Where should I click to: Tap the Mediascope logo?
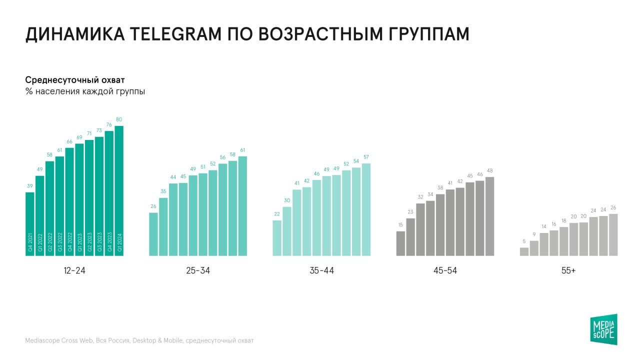[603, 329]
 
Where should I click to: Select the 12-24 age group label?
[74, 270]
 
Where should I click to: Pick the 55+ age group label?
[568, 270]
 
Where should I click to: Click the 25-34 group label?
[198, 270]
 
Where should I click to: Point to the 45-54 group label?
[445, 270]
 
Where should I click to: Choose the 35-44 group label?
[321, 270]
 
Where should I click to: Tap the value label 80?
[119, 119]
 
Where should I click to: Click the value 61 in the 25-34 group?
[242, 150]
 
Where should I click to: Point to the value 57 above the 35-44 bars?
[366, 157]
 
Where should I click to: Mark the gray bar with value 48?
[489, 216]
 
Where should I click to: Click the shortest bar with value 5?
[524, 251]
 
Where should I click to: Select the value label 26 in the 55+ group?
[613, 207]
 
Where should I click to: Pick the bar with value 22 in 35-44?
[277, 238]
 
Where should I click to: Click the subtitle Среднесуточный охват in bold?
[75, 80]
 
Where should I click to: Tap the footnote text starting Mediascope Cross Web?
[139, 340]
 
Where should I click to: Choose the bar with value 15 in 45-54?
[400, 243]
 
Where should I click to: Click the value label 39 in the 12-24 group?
[30, 186]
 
